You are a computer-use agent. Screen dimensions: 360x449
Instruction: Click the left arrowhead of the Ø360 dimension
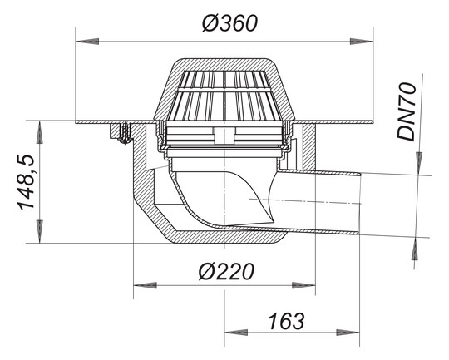(x=83, y=37)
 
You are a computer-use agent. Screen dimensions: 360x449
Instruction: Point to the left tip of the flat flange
(x=77, y=123)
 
